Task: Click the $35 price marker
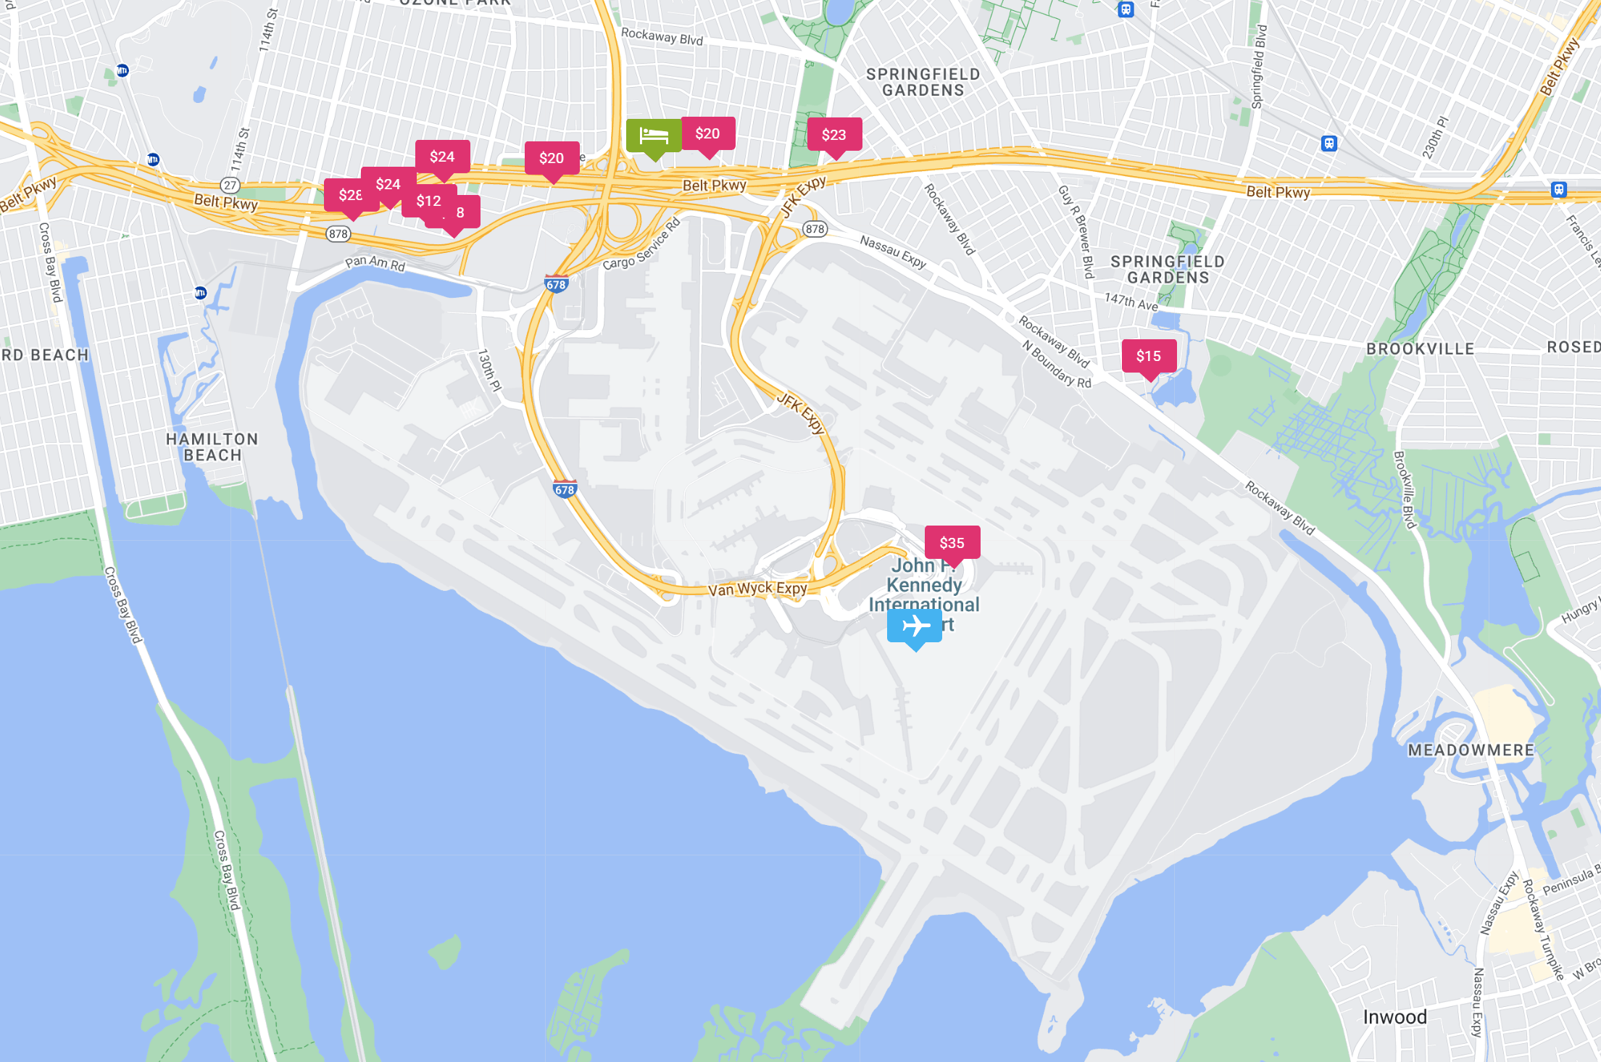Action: (952, 543)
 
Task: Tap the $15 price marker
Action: (1149, 356)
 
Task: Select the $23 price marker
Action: (834, 135)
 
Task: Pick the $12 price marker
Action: (429, 201)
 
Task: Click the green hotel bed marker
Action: (654, 136)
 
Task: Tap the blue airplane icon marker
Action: (915, 626)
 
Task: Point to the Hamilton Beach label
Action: (212, 447)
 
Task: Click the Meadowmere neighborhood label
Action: (1471, 750)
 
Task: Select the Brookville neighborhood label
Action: (1420, 349)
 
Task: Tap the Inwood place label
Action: (1394, 1017)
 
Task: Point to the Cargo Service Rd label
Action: (642, 244)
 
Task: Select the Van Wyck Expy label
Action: (757, 589)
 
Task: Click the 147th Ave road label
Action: (1131, 301)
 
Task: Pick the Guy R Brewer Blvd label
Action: (1075, 231)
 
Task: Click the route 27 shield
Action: (230, 185)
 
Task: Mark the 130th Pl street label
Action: (489, 370)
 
